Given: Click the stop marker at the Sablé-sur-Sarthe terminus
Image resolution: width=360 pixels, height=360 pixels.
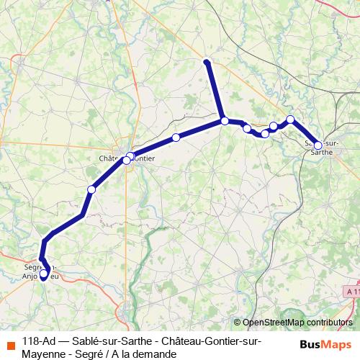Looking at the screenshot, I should coord(318,145).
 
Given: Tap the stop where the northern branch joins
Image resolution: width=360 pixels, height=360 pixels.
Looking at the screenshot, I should coord(225,121).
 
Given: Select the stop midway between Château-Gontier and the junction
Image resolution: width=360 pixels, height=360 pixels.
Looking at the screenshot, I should coord(176,138).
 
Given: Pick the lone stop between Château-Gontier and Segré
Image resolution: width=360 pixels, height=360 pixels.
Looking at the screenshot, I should coord(91,189).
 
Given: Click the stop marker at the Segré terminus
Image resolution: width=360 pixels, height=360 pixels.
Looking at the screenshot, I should coord(43,274).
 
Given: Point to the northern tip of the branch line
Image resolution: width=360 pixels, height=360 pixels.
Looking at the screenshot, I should coord(207,62).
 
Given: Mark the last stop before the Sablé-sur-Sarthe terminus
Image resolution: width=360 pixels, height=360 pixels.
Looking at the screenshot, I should coord(290,120).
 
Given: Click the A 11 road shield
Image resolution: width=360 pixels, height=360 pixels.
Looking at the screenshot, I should coord(351,291).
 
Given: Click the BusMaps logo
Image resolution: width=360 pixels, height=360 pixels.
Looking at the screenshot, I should coord(327,344).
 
